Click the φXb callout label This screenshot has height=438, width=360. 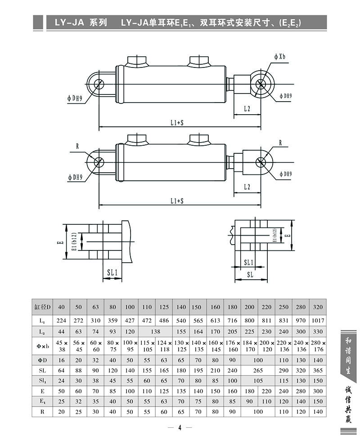coord(279,57)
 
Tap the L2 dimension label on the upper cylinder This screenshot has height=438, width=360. coord(247,108)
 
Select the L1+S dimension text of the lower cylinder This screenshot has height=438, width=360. coord(177,201)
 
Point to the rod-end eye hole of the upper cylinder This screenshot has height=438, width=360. coord(262,84)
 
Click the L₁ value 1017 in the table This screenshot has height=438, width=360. coord(318,321)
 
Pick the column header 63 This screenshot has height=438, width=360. coord(95,307)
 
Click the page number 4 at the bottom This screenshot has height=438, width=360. coord(179,428)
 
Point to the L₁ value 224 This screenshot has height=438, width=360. coord(61,321)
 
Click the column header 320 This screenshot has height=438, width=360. coord(318,307)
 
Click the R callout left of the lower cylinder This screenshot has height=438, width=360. coord(77,146)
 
